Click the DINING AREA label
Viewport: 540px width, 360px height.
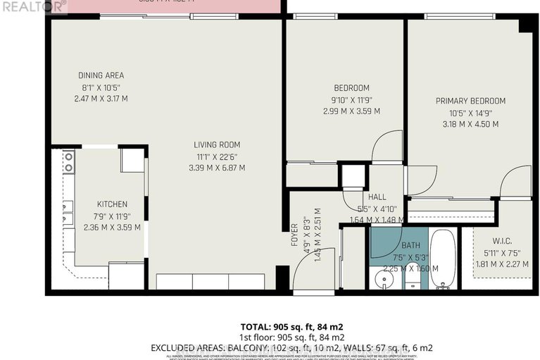(100, 75)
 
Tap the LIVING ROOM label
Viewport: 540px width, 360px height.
(217, 145)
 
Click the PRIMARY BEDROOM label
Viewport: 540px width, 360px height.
(470, 101)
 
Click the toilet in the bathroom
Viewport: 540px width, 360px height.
(413, 280)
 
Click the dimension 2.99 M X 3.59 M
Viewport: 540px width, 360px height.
(351, 111)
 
